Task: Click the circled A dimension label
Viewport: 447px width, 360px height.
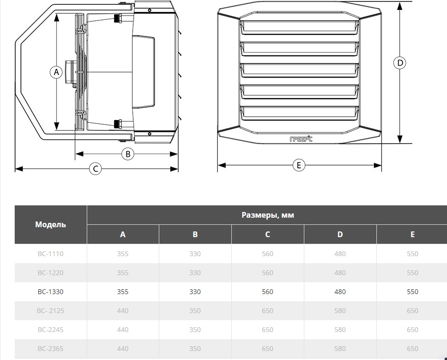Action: pos(56,72)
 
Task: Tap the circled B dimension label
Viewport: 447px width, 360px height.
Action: pos(128,154)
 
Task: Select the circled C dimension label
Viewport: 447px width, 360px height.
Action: pos(95,168)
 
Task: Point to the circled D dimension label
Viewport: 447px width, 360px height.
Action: pos(400,63)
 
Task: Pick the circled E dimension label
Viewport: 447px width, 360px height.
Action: pos(299,165)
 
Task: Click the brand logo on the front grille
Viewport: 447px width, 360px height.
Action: pos(301,139)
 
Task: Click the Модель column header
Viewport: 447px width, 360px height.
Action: pos(50,224)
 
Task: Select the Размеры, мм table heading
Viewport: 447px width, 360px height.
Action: pos(268,215)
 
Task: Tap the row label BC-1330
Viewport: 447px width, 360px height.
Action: pos(50,292)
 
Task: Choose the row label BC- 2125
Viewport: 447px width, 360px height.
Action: pos(50,311)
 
